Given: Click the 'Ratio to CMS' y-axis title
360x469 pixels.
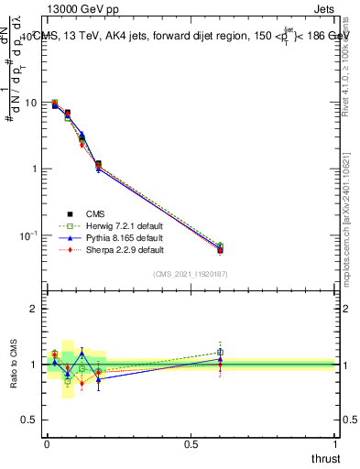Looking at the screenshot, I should tap(14, 364).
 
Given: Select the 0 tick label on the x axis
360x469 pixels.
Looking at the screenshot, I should tap(46, 444).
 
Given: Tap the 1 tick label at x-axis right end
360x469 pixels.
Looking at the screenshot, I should tap(335, 444).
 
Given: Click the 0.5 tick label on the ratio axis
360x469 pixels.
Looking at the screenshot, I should tap(30, 420).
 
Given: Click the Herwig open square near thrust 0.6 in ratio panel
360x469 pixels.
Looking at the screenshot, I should tap(220, 352).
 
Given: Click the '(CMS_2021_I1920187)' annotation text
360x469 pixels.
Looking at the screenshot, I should tap(190, 273).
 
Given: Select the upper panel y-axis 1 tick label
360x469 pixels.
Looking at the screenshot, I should tap(35, 169).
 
